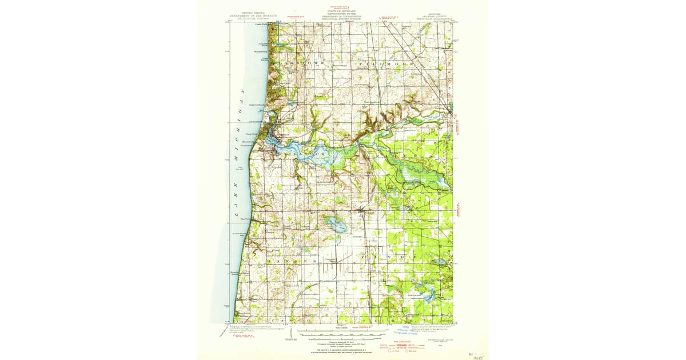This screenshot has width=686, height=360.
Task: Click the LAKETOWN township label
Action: coord(303,62)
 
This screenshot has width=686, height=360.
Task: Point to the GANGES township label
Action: coord(292,261)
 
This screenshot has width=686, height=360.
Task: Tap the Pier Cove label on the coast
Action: coord(246,218)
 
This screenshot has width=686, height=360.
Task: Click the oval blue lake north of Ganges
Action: coord(335,224)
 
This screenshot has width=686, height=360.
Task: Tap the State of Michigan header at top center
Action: coord(342,15)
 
